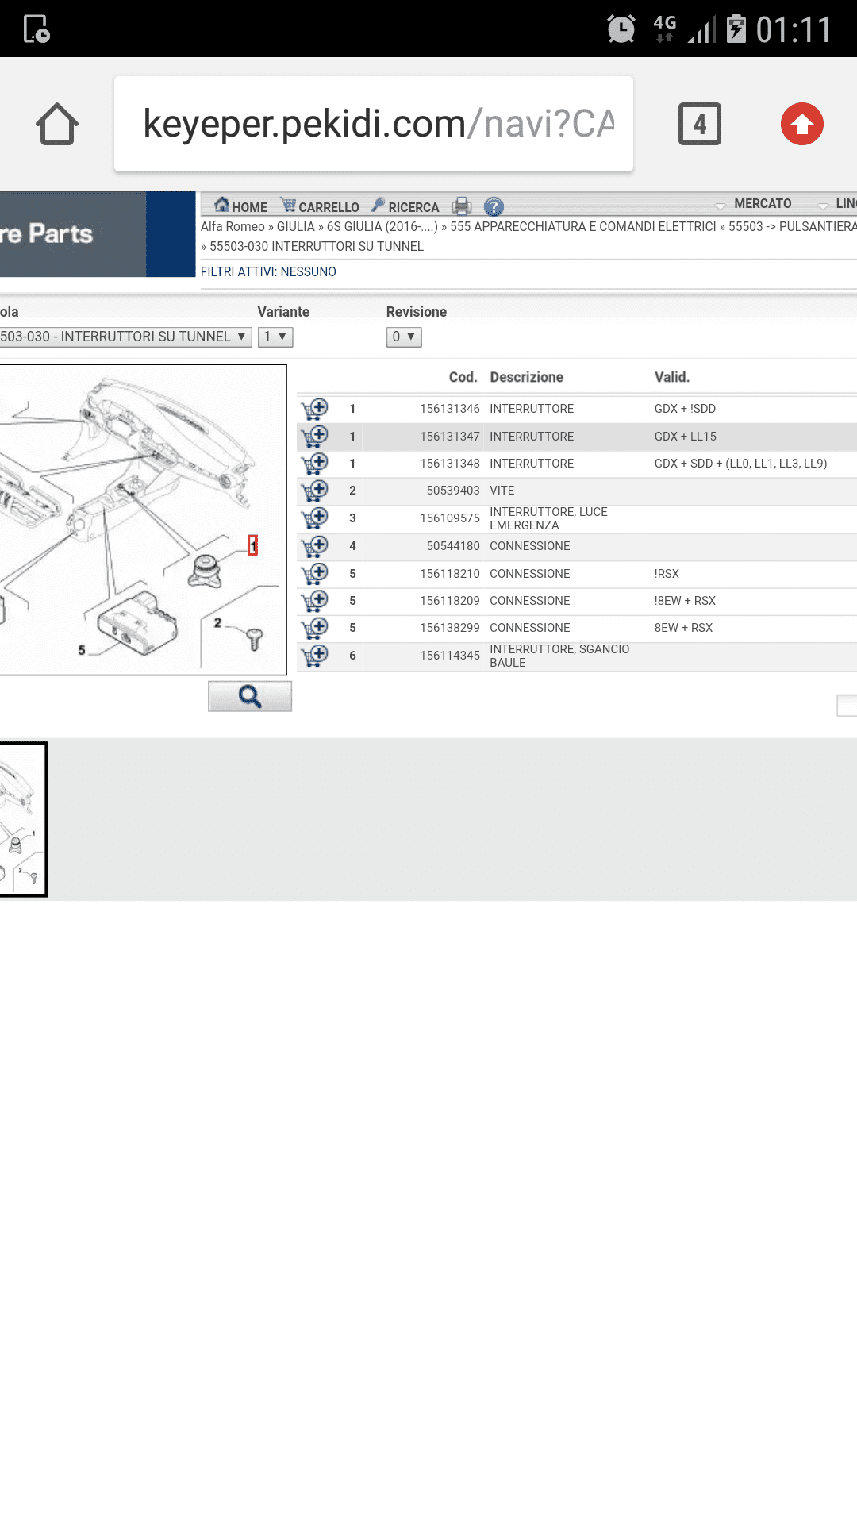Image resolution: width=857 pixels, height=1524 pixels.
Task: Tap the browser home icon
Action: pos(57,124)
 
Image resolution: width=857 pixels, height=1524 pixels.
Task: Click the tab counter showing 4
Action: pos(700,124)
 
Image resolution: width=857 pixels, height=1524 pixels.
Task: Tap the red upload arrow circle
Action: pos(802,124)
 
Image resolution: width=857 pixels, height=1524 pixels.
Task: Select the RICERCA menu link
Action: pos(405,206)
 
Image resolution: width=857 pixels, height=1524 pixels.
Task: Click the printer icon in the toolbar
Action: pos(462,206)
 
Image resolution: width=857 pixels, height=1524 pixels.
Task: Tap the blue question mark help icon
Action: pos(494,206)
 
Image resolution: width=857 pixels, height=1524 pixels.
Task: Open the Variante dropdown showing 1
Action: pos(275,337)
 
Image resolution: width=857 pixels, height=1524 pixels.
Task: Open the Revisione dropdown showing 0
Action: pos(404,337)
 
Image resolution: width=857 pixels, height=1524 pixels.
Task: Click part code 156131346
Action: pos(450,409)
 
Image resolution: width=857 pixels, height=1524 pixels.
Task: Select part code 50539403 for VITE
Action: pos(453,491)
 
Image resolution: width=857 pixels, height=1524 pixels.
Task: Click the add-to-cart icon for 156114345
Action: pos(315,656)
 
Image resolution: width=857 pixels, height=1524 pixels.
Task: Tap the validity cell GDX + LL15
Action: pos(686,437)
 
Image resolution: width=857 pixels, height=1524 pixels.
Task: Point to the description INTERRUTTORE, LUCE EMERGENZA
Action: pos(548,518)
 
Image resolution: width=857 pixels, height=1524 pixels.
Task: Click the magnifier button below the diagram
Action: pos(250,696)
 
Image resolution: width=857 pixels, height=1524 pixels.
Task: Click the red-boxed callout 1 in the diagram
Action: pos(253,545)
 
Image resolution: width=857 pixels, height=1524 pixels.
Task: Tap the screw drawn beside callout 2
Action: pos(254,638)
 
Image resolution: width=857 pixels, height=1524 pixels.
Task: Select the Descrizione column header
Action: pos(527,377)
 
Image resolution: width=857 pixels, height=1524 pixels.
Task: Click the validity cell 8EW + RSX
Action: pos(684,628)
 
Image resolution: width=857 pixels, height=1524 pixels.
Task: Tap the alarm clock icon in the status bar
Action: pos(621,29)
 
